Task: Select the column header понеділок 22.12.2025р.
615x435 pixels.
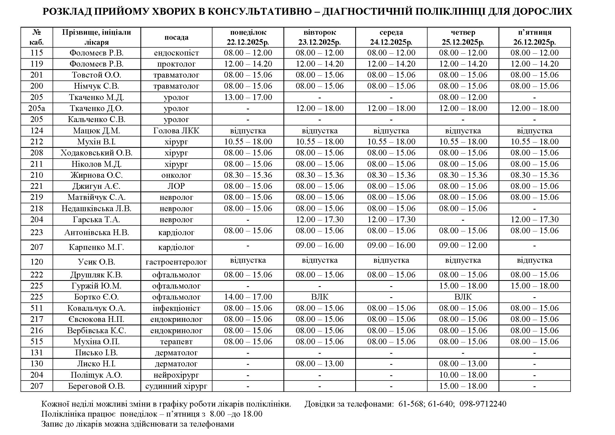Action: [x=248, y=37]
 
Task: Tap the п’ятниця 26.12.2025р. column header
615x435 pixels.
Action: [x=534, y=37]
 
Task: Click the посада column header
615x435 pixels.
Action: [x=176, y=37]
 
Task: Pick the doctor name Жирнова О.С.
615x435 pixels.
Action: [x=96, y=175]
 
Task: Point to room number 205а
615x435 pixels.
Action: [x=37, y=108]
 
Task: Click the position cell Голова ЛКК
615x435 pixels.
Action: [x=176, y=131]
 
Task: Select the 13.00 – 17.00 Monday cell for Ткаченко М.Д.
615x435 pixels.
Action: [x=248, y=97]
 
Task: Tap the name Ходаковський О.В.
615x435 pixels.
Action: [x=96, y=153]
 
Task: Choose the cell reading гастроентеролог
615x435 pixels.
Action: [x=176, y=262]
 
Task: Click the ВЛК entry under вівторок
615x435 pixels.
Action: [x=319, y=297]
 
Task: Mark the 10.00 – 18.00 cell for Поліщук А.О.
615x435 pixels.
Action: [x=463, y=375]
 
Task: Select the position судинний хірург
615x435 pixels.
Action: [x=176, y=386]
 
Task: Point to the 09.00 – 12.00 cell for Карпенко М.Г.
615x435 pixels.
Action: [x=463, y=245]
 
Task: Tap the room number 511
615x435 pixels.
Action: [x=37, y=308]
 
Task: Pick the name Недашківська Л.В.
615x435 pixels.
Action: [x=96, y=208]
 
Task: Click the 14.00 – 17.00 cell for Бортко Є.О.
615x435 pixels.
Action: [x=248, y=297]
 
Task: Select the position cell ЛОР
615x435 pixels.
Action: [x=176, y=186]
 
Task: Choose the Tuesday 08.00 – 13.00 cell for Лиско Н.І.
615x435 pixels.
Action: [x=319, y=363]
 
